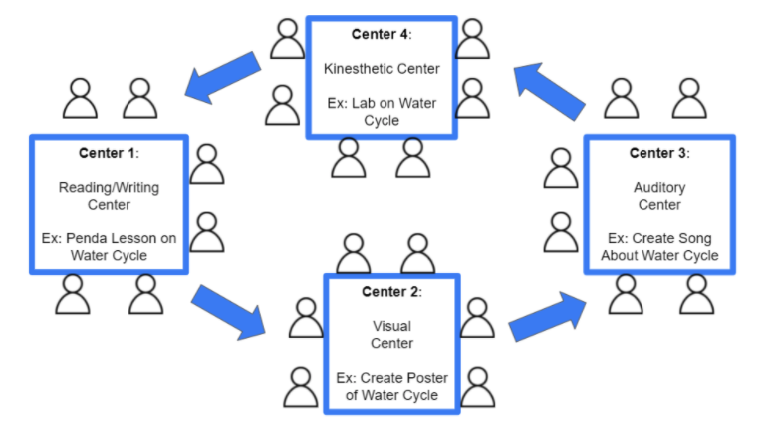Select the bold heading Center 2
(x=391, y=292)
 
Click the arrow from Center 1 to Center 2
(x=228, y=310)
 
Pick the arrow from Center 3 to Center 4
(x=549, y=91)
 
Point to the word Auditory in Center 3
(x=658, y=187)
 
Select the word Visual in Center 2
(x=390, y=326)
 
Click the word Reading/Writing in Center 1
(x=108, y=187)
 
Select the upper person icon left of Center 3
(x=561, y=167)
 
